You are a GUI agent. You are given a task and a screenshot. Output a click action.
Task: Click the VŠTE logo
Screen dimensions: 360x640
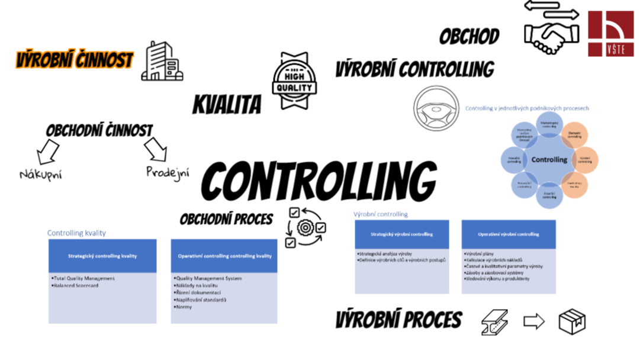pyautogui.click(x=610, y=33)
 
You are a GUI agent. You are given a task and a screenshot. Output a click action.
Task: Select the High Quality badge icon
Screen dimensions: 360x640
pyautogui.click(x=294, y=81)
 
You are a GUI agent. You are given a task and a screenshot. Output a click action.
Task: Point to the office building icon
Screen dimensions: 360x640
pyautogui.click(x=161, y=61)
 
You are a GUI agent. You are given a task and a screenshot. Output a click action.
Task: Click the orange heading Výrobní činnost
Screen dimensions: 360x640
pyautogui.click(x=75, y=60)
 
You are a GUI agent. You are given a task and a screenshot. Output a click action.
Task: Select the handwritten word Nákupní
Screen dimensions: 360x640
pyautogui.click(x=40, y=174)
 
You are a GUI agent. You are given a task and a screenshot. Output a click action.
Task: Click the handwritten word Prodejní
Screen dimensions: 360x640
pyautogui.click(x=168, y=172)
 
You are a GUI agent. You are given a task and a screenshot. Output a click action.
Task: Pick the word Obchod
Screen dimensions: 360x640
pyautogui.click(x=469, y=37)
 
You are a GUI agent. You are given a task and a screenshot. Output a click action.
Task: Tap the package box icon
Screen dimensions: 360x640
pyautogui.click(x=572, y=322)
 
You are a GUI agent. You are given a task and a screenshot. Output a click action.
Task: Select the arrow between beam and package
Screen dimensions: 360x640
pyautogui.click(x=533, y=322)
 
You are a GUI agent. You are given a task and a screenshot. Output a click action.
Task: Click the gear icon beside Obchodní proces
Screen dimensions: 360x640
pyautogui.click(x=305, y=227)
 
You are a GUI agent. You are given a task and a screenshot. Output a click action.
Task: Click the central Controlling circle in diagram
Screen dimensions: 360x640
pyautogui.click(x=549, y=159)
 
